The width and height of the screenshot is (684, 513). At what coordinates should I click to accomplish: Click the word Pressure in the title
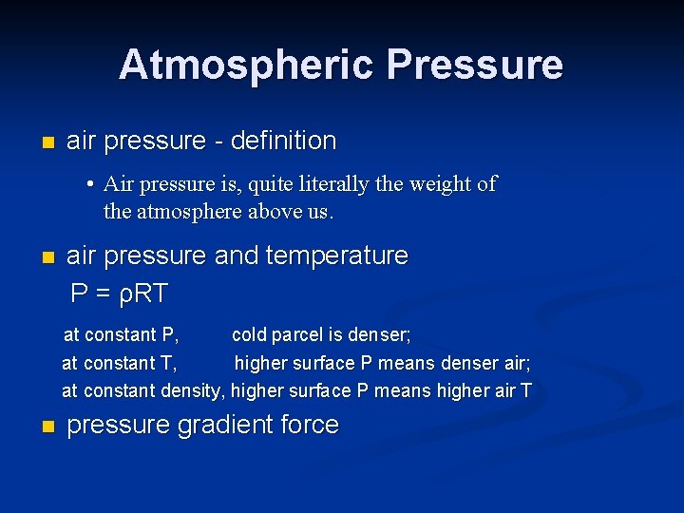point(475,66)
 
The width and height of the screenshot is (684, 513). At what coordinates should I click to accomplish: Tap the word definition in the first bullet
point(283,142)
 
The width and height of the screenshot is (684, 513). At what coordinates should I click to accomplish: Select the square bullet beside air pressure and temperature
point(49,257)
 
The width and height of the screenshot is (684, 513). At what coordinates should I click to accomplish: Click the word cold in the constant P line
point(249,334)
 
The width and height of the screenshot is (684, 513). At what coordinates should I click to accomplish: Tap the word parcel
point(298,335)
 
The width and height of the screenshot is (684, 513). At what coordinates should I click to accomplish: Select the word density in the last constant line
point(191,390)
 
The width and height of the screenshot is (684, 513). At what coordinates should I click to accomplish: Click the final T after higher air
point(525,390)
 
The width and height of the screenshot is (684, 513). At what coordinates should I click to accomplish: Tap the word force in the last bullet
point(310,425)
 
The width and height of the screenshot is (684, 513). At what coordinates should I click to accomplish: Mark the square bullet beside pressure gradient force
point(49,427)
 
